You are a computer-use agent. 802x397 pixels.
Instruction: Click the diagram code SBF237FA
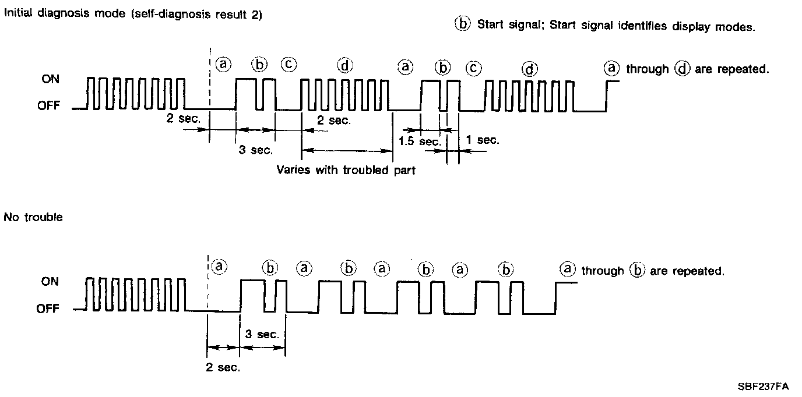click(763, 387)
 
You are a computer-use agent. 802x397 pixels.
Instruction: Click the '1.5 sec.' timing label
click(419, 141)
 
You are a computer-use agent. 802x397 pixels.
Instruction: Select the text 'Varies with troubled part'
click(346, 171)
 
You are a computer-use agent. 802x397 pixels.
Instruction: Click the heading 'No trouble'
click(33, 218)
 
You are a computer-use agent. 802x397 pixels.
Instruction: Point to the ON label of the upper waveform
click(50, 79)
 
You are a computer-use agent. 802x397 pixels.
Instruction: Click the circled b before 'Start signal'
click(462, 24)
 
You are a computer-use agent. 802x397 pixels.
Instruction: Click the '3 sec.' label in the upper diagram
click(255, 150)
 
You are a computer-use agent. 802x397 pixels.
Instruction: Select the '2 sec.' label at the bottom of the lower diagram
click(223, 367)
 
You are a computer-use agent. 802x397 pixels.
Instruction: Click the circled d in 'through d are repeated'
click(681, 69)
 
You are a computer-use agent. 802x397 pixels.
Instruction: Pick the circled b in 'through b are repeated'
click(637, 271)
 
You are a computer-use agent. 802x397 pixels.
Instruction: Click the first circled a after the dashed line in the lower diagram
click(219, 267)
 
